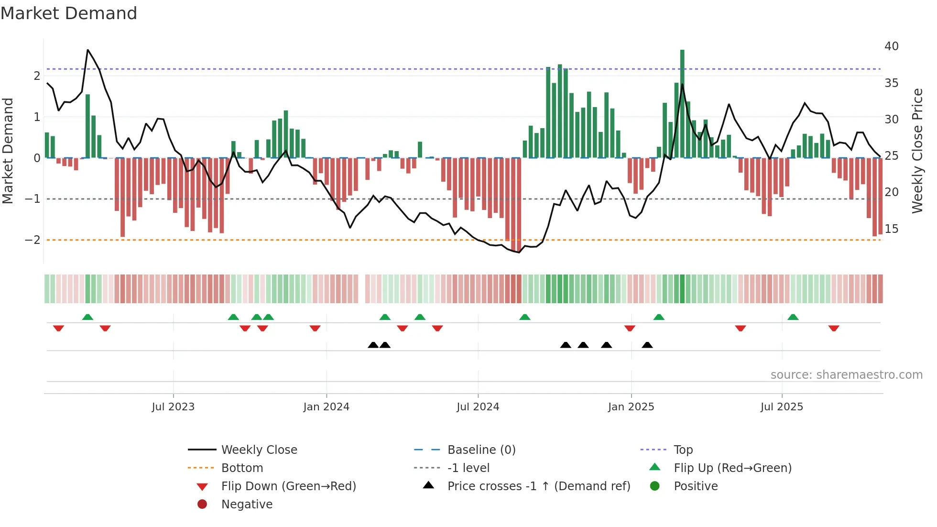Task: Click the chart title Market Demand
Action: click(69, 13)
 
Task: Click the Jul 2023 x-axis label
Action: click(173, 407)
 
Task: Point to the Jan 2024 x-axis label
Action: click(326, 407)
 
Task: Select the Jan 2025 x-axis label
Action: click(631, 407)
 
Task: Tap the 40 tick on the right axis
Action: click(891, 46)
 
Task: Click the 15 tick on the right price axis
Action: click(891, 229)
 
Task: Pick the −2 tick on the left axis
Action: click(33, 240)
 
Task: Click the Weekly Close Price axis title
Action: click(917, 151)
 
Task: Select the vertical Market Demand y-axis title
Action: click(8, 151)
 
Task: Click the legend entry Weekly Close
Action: click(259, 450)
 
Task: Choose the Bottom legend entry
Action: click(242, 468)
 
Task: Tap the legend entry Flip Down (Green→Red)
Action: click(288, 486)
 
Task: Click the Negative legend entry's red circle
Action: click(202, 504)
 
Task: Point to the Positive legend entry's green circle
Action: click(655, 486)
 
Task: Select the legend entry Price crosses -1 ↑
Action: click(538, 486)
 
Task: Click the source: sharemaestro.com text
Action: click(846, 375)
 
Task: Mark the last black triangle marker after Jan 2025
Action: click(647, 345)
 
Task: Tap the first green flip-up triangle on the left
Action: click(87, 317)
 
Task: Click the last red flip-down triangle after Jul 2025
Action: click(834, 329)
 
